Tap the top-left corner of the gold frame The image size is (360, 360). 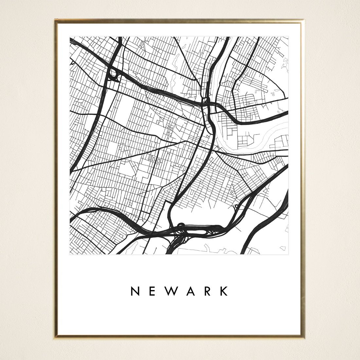[x=55, y=20]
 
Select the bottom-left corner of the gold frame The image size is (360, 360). [x=55, y=337]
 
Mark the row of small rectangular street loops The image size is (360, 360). [x=154, y=160]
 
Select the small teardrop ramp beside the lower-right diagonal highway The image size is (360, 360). [x=236, y=207]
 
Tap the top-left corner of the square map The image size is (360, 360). [x=70, y=37]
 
